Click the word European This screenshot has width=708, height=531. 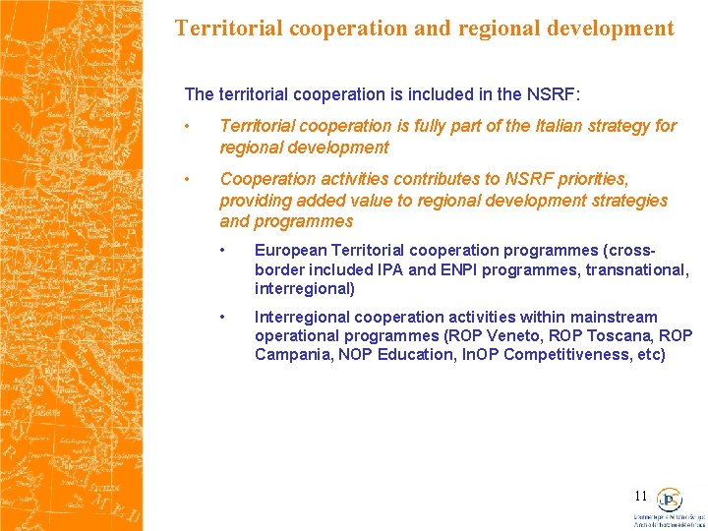[x=290, y=250]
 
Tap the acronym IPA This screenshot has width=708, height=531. [x=390, y=269]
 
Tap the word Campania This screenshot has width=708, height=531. [x=291, y=354]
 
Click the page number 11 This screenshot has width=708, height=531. [x=640, y=497]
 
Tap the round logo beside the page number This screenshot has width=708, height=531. [x=670, y=500]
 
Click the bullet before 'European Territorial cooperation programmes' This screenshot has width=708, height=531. [x=224, y=250]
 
